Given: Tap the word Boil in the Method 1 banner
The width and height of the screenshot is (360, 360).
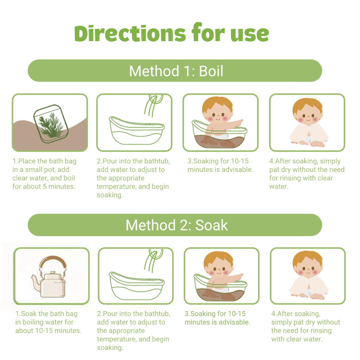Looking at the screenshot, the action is pyautogui.click(x=211, y=71).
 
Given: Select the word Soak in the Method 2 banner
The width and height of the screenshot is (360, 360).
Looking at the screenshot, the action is pyautogui.click(x=211, y=225).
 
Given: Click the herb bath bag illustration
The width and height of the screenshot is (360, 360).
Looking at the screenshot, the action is pyautogui.click(x=51, y=124).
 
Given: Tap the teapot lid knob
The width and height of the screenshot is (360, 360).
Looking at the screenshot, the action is pyautogui.click(x=53, y=273).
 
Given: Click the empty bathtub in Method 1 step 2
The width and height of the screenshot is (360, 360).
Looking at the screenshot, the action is pyautogui.click(x=137, y=131).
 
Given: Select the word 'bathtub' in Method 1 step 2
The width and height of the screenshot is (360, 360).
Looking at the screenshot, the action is pyautogui.click(x=157, y=161).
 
